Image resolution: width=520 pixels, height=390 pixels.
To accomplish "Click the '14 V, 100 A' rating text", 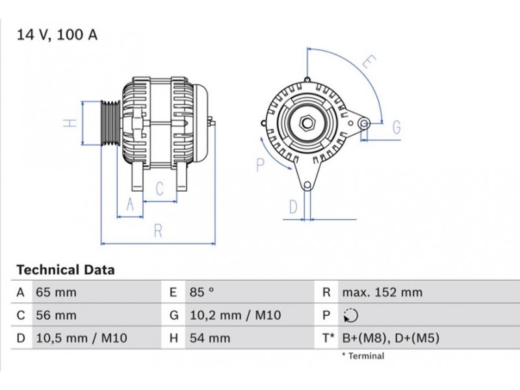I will [x=57, y=34].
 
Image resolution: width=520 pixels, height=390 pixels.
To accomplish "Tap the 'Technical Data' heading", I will [x=65, y=270].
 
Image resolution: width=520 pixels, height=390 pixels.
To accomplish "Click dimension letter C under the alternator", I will [x=159, y=189].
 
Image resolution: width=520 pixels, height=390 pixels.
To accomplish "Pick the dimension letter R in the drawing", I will [x=158, y=231].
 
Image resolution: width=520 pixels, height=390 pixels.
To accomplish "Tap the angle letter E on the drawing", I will [x=368, y=62].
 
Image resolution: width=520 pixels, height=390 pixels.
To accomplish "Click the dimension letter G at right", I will [x=396, y=127].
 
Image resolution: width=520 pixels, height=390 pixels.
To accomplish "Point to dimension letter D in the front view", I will [x=294, y=207].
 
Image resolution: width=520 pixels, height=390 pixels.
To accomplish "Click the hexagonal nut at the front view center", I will [x=307, y=122].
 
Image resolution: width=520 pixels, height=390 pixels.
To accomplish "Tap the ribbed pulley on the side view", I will [x=109, y=123].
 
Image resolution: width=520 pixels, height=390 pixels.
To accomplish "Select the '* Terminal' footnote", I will [x=362, y=356].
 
